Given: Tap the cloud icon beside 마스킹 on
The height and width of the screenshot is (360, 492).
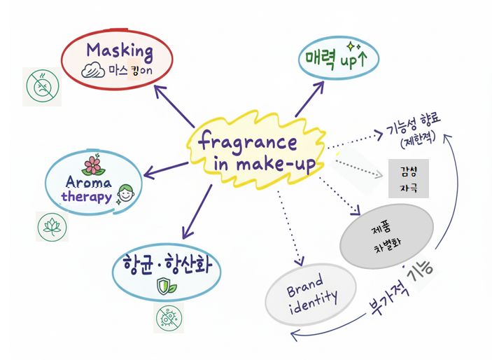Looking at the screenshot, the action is click(x=94, y=71).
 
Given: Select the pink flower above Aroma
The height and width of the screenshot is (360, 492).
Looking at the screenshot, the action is click(x=92, y=165).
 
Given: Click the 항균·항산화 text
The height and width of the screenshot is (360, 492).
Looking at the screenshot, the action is click(x=167, y=266).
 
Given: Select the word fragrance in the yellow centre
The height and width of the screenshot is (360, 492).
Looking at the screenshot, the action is click(x=248, y=143).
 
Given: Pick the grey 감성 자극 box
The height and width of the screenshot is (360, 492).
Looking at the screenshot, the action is click(x=408, y=179).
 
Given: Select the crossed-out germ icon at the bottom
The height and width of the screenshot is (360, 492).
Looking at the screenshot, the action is click(x=169, y=319).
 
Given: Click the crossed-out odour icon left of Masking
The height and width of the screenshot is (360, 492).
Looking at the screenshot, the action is click(x=41, y=86).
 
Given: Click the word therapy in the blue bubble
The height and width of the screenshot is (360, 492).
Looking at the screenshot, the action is click(x=86, y=196).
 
